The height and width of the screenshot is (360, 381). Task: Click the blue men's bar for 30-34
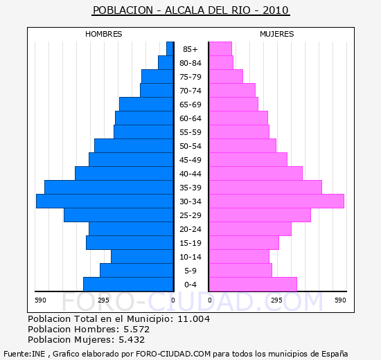(x=105, y=201)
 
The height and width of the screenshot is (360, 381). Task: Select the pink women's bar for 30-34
(x=277, y=201)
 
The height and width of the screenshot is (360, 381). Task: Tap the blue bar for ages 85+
(x=170, y=49)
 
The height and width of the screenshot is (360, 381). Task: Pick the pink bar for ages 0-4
(x=253, y=285)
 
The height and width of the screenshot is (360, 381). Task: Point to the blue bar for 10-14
(x=142, y=257)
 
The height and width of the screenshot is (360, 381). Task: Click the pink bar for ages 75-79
(x=226, y=77)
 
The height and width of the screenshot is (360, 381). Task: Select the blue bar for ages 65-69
(x=146, y=105)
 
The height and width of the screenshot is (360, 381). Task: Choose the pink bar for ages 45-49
(x=248, y=160)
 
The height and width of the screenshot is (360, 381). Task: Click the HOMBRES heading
(x=104, y=34)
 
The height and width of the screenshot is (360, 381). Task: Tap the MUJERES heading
(x=277, y=34)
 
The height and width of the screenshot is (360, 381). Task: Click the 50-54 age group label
(x=190, y=146)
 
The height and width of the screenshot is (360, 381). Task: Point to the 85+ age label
(x=190, y=49)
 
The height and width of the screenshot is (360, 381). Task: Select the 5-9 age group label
(x=190, y=271)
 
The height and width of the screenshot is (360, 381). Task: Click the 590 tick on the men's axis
(x=40, y=300)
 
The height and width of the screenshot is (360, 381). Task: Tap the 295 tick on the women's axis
(x=277, y=300)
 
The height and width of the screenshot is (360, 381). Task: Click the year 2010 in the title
(x=276, y=10)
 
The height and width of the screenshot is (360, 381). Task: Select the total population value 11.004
(x=194, y=318)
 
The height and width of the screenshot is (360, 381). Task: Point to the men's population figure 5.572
(x=136, y=329)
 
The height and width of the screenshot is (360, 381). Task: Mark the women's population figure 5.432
(x=132, y=340)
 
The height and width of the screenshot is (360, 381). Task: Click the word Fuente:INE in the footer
(x=24, y=354)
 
